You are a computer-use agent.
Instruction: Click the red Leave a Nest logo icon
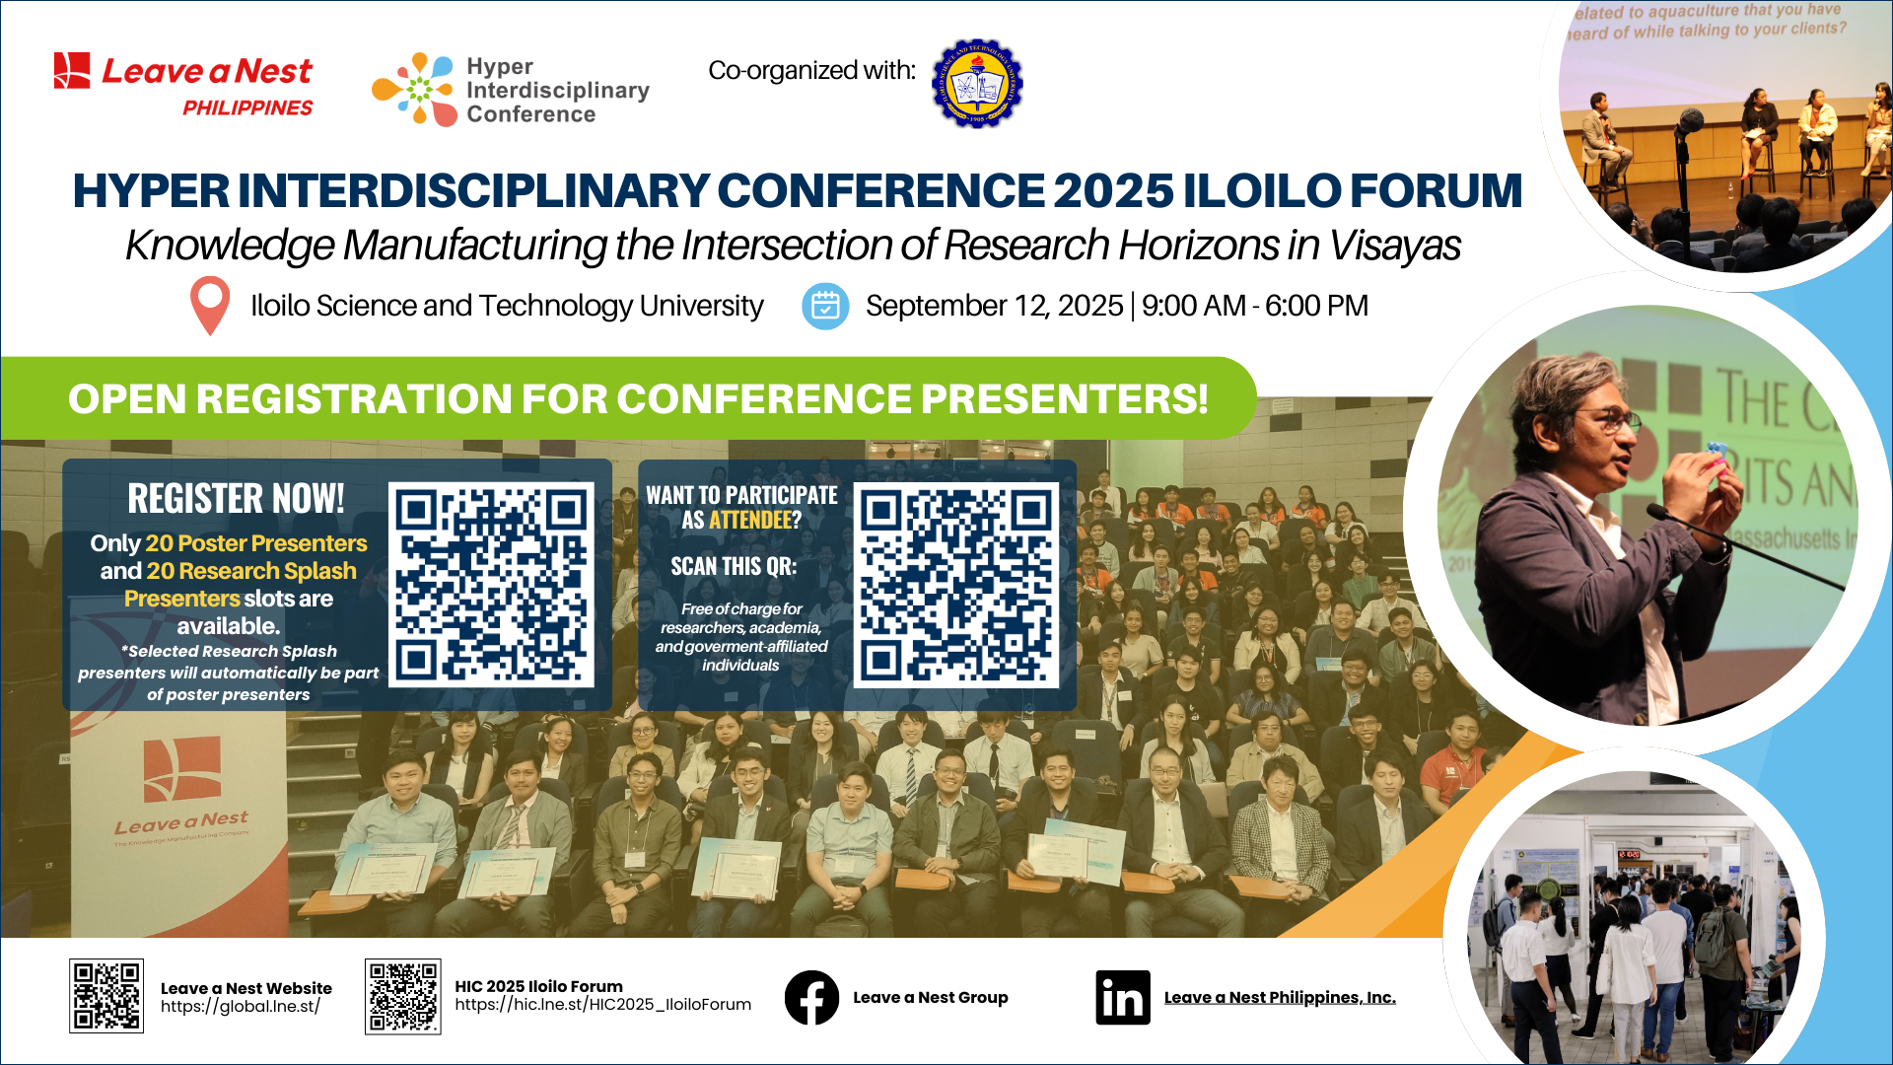coord(72,71)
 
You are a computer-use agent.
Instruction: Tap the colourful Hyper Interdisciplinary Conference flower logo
coord(414,89)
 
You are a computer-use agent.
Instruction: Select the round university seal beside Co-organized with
coord(976,84)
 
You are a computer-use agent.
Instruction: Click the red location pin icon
coord(210,306)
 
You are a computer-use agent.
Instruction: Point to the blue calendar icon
coord(825,307)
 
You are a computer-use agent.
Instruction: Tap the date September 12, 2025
coord(994,306)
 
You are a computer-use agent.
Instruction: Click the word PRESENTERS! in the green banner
coord(1064,399)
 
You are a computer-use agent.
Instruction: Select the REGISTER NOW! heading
coord(237,499)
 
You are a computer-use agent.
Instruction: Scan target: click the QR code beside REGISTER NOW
coord(491,585)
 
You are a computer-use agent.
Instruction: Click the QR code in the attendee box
coord(955,585)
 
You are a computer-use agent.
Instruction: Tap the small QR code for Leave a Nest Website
coord(106,996)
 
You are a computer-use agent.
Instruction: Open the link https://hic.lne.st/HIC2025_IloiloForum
coord(602,1005)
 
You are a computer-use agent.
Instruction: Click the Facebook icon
coord(811,998)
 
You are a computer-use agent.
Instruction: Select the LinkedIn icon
coord(1122,998)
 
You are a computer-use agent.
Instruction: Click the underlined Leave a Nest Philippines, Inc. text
coord(1280,998)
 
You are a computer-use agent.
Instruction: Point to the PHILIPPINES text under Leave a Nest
coord(247,107)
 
